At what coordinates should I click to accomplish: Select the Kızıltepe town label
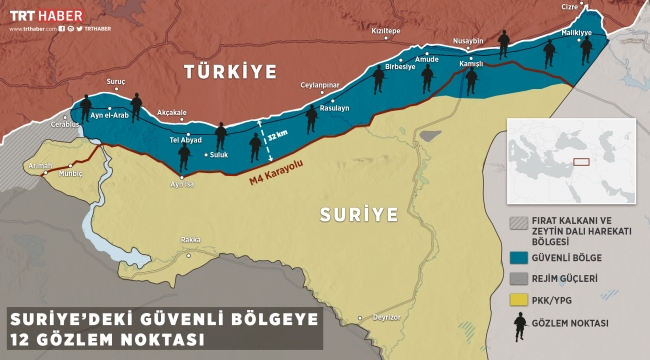pos(385,31)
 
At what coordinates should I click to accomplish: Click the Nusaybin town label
pos(468,41)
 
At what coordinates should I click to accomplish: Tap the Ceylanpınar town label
pos(322,85)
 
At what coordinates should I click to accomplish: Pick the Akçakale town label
pos(173,112)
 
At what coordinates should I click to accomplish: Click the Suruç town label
pos(117,78)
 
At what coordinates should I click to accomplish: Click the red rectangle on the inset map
pos(581,159)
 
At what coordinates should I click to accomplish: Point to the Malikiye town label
pos(578,33)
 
